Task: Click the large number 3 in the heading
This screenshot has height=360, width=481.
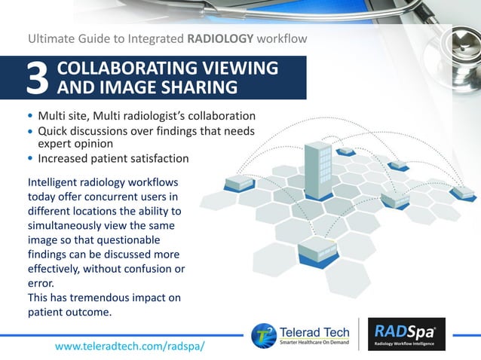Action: click(x=38, y=79)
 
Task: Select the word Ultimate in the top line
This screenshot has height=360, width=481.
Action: click(x=54, y=37)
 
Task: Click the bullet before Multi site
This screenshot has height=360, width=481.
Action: click(x=30, y=117)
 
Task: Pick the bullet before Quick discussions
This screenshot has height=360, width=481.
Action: click(x=30, y=132)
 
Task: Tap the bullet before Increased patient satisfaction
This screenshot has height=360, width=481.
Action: click(x=30, y=160)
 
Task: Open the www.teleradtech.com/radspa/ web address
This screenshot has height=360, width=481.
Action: click(x=130, y=345)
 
